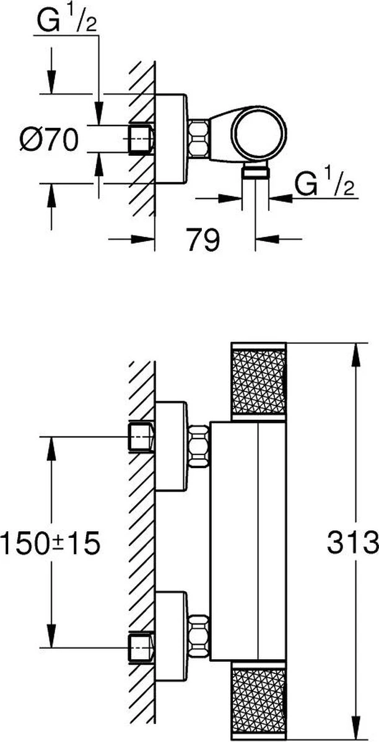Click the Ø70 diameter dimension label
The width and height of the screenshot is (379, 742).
tap(48, 140)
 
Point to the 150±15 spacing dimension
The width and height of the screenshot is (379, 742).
tap(50, 544)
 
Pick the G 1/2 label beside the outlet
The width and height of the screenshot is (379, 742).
tap(326, 184)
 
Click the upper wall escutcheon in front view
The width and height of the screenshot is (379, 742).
tap(170, 446)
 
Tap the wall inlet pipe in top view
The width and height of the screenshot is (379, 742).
tap(141, 138)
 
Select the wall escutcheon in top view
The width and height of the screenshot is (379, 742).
tap(170, 139)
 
